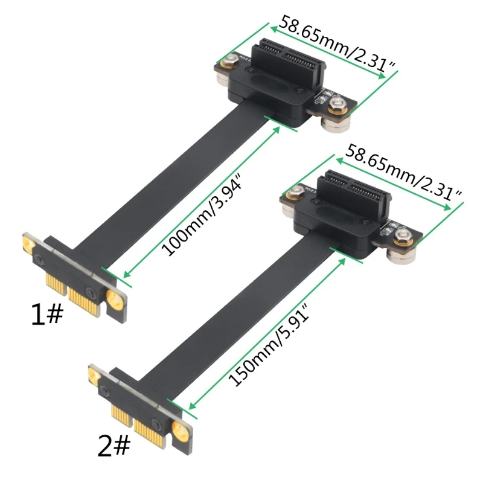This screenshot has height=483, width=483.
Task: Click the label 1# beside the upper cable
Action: [46, 315]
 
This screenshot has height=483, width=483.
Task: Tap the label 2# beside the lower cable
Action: [114, 446]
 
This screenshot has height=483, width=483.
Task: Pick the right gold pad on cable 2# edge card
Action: [180, 430]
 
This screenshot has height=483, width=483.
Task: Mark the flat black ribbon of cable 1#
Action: [175, 181]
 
